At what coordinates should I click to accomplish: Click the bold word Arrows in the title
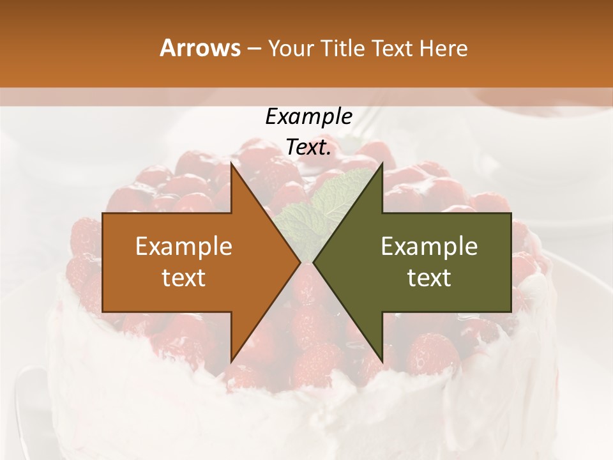[x=200, y=48]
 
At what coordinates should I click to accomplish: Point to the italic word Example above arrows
[x=308, y=117]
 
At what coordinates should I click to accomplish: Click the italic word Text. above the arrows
[x=308, y=148]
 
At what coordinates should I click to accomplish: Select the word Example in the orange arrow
[x=184, y=247]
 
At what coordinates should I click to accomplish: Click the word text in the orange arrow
[x=184, y=278]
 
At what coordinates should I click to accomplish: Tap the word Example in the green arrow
[x=429, y=247]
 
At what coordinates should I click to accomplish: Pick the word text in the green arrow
[x=429, y=278]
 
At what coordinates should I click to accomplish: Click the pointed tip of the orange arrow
[x=299, y=262]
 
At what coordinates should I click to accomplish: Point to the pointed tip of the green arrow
[x=314, y=262]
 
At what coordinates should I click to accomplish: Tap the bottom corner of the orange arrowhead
[x=231, y=361]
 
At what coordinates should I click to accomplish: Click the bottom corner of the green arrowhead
[x=382, y=361]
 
